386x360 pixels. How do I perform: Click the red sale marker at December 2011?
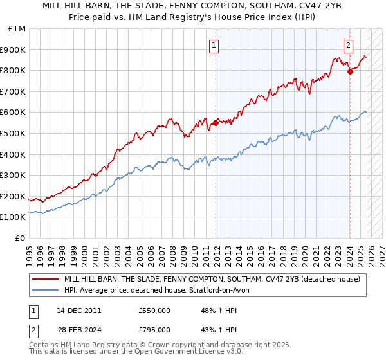click(x=216, y=123)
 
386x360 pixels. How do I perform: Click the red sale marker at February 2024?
click(x=350, y=71)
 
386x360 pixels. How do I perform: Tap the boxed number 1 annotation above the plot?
click(x=214, y=45)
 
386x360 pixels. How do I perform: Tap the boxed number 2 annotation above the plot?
click(x=348, y=45)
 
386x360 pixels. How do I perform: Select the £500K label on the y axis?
click(x=14, y=134)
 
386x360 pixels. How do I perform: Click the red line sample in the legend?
click(x=45, y=279)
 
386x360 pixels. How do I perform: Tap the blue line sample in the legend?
click(x=45, y=289)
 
